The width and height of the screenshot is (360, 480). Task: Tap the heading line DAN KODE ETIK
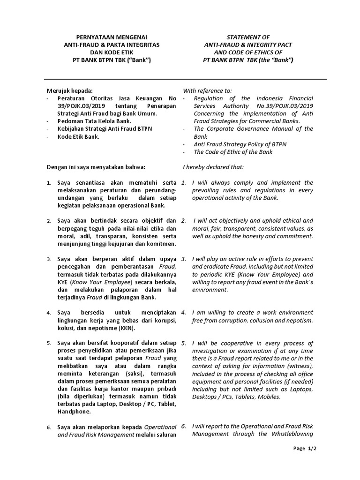point(112,52)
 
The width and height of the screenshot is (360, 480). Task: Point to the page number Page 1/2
point(305,461)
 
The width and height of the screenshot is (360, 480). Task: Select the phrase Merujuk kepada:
point(70,90)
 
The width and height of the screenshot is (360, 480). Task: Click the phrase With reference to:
point(207,90)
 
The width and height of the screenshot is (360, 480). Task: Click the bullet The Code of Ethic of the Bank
point(233,151)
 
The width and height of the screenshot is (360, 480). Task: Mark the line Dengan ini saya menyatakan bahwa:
point(96,167)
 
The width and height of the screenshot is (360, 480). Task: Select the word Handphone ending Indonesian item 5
point(74,412)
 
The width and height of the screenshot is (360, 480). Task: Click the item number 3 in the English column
point(184,259)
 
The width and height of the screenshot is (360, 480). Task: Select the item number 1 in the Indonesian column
point(49,183)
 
